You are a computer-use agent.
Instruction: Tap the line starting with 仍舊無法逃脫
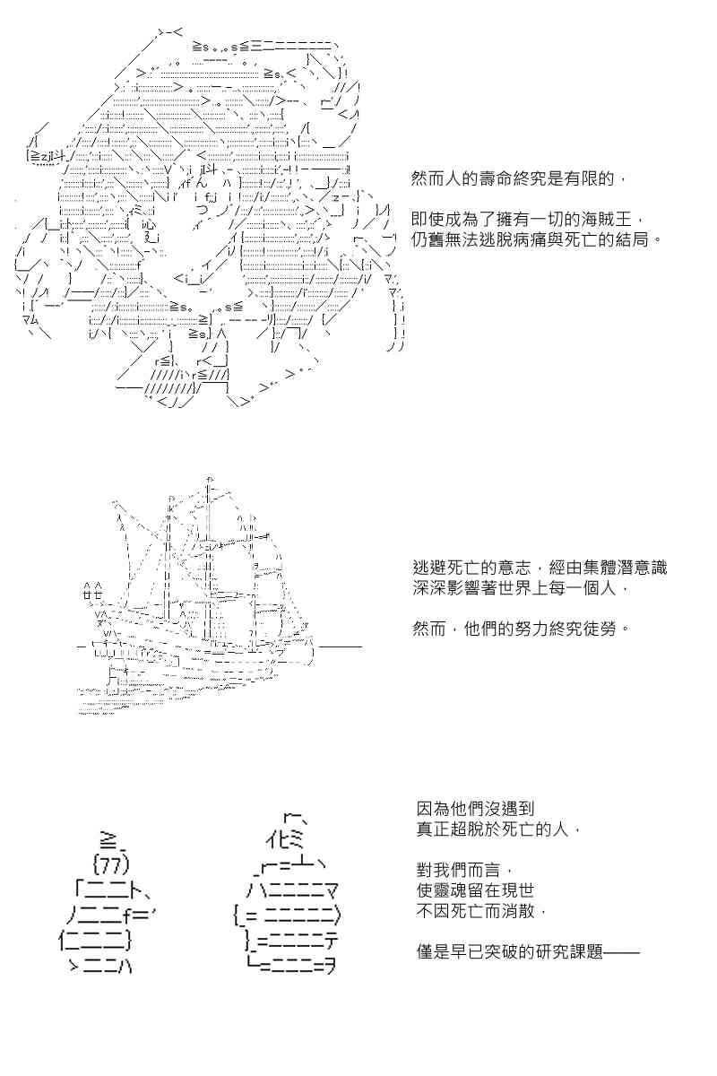(x=536, y=239)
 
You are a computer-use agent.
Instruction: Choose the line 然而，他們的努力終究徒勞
(x=521, y=629)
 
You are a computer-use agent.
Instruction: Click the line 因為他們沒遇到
(x=475, y=809)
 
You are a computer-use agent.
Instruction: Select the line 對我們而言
(x=466, y=870)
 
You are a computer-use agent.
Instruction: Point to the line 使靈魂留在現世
(x=475, y=890)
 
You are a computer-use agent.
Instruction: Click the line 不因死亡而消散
(x=481, y=910)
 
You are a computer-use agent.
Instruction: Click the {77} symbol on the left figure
(x=111, y=864)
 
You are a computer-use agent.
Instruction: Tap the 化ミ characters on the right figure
(x=285, y=839)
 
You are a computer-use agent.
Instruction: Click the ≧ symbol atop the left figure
(x=108, y=841)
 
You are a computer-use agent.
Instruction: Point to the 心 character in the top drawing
(x=147, y=224)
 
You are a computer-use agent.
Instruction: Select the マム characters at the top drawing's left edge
(x=30, y=319)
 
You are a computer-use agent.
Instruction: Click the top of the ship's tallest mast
(x=210, y=479)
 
